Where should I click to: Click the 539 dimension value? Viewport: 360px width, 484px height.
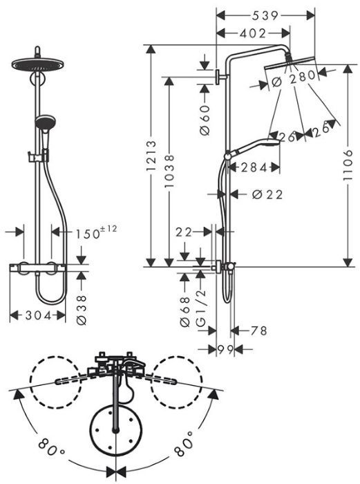(x=265, y=15)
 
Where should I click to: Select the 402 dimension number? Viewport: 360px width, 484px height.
(x=253, y=33)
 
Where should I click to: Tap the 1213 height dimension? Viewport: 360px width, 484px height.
(x=151, y=156)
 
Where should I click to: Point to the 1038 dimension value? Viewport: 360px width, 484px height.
(x=169, y=171)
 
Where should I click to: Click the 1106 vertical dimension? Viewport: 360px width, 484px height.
(x=348, y=165)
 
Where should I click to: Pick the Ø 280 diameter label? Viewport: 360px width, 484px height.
(x=294, y=77)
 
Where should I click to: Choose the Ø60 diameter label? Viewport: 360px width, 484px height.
(x=205, y=120)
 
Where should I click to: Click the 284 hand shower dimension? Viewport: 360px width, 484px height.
(x=254, y=167)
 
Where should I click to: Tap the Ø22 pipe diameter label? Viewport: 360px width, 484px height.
(x=267, y=194)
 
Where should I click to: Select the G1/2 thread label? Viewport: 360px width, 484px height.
(x=201, y=308)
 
